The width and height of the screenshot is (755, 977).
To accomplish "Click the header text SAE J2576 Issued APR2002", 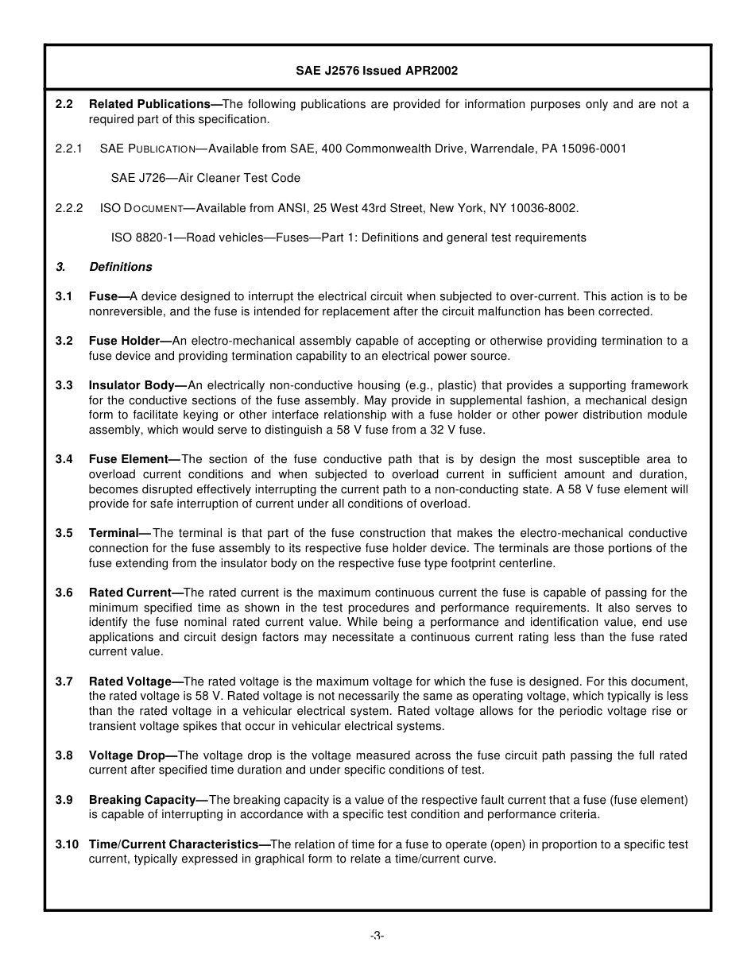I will (377, 71).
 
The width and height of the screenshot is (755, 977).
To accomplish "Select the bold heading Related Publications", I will (149, 104).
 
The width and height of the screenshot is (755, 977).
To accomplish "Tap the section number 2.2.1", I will (69, 149).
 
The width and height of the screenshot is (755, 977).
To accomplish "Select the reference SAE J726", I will (139, 178).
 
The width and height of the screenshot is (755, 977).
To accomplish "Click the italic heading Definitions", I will (121, 267).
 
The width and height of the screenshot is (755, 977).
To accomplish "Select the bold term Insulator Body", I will (132, 385).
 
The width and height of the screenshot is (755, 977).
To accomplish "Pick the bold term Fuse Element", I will (129, 459).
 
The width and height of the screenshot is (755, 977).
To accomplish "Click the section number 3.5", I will (64, 533).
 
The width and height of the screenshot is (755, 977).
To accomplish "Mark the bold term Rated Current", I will (130, 593).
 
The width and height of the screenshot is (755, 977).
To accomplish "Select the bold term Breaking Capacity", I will (142, 800).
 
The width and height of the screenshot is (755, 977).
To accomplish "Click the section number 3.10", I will (67, 844).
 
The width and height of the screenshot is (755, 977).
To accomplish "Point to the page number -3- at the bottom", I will (377, 936).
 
